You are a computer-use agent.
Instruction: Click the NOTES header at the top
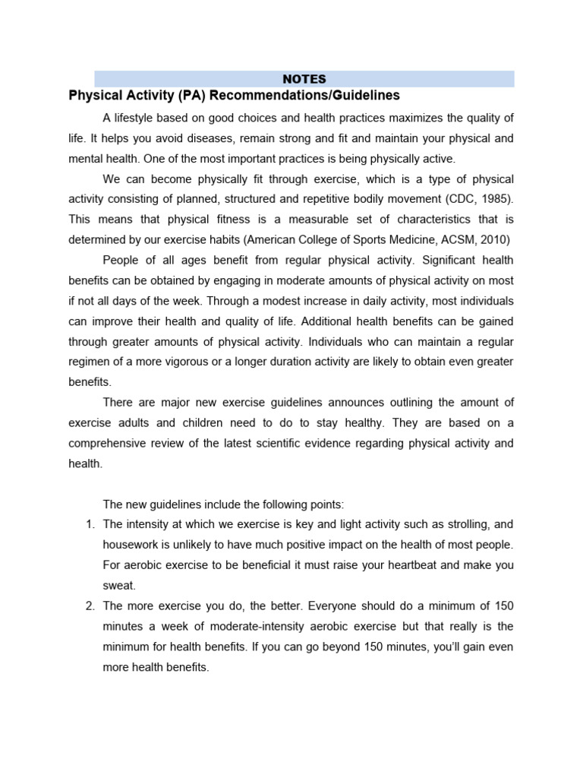point(304,78)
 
